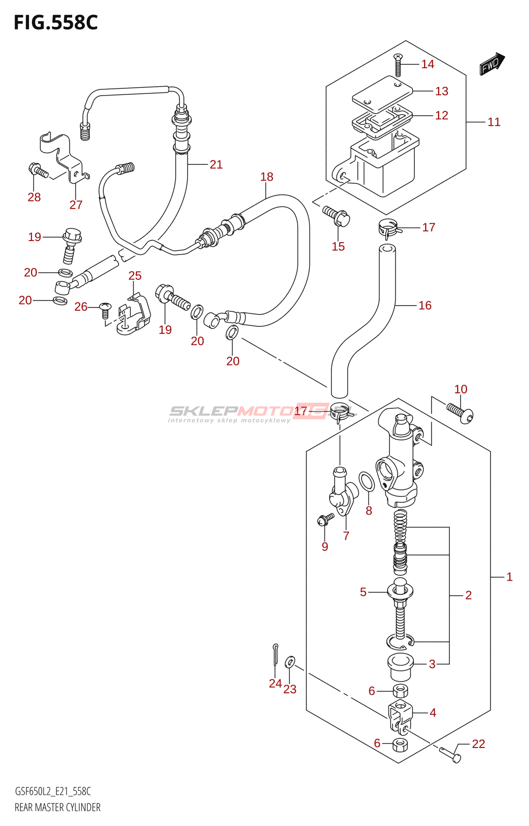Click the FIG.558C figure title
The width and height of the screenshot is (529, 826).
pyautogui.click(x=55, y=23)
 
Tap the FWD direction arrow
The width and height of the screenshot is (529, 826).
pyautogui.click(x=491, y=64)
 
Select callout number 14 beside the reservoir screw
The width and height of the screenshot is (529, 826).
pyautogui.click(x=428, y=64)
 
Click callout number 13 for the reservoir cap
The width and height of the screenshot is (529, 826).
pyautogui.click(x=442, y=91)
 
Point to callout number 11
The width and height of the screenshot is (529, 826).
pyautogui.click(x=494, y=122)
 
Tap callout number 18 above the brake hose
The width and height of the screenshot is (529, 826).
pyautogui.click(x=267, y=177)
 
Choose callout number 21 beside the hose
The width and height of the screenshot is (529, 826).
pyautogui.click(x=216, y=165)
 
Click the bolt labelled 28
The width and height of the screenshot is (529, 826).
pyautogui.click(x=38, y=171)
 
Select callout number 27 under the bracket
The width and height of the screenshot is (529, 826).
pyautogui.click(x=76, y=205)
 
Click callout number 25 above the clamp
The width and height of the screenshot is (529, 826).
pyautogui.click(x=135, y=276)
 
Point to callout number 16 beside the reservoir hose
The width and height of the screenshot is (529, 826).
pyautogui.click(x=425, y=306)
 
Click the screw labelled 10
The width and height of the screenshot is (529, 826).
pyautogui.click(x=460, y=412)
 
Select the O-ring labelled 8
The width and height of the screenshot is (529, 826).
pyautogui.click(x=366, y=482)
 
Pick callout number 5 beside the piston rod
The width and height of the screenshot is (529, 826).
pyautogui.click(x=363, y=592)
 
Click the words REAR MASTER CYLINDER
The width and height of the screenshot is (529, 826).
pyautogui.click(x=57, y=807)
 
